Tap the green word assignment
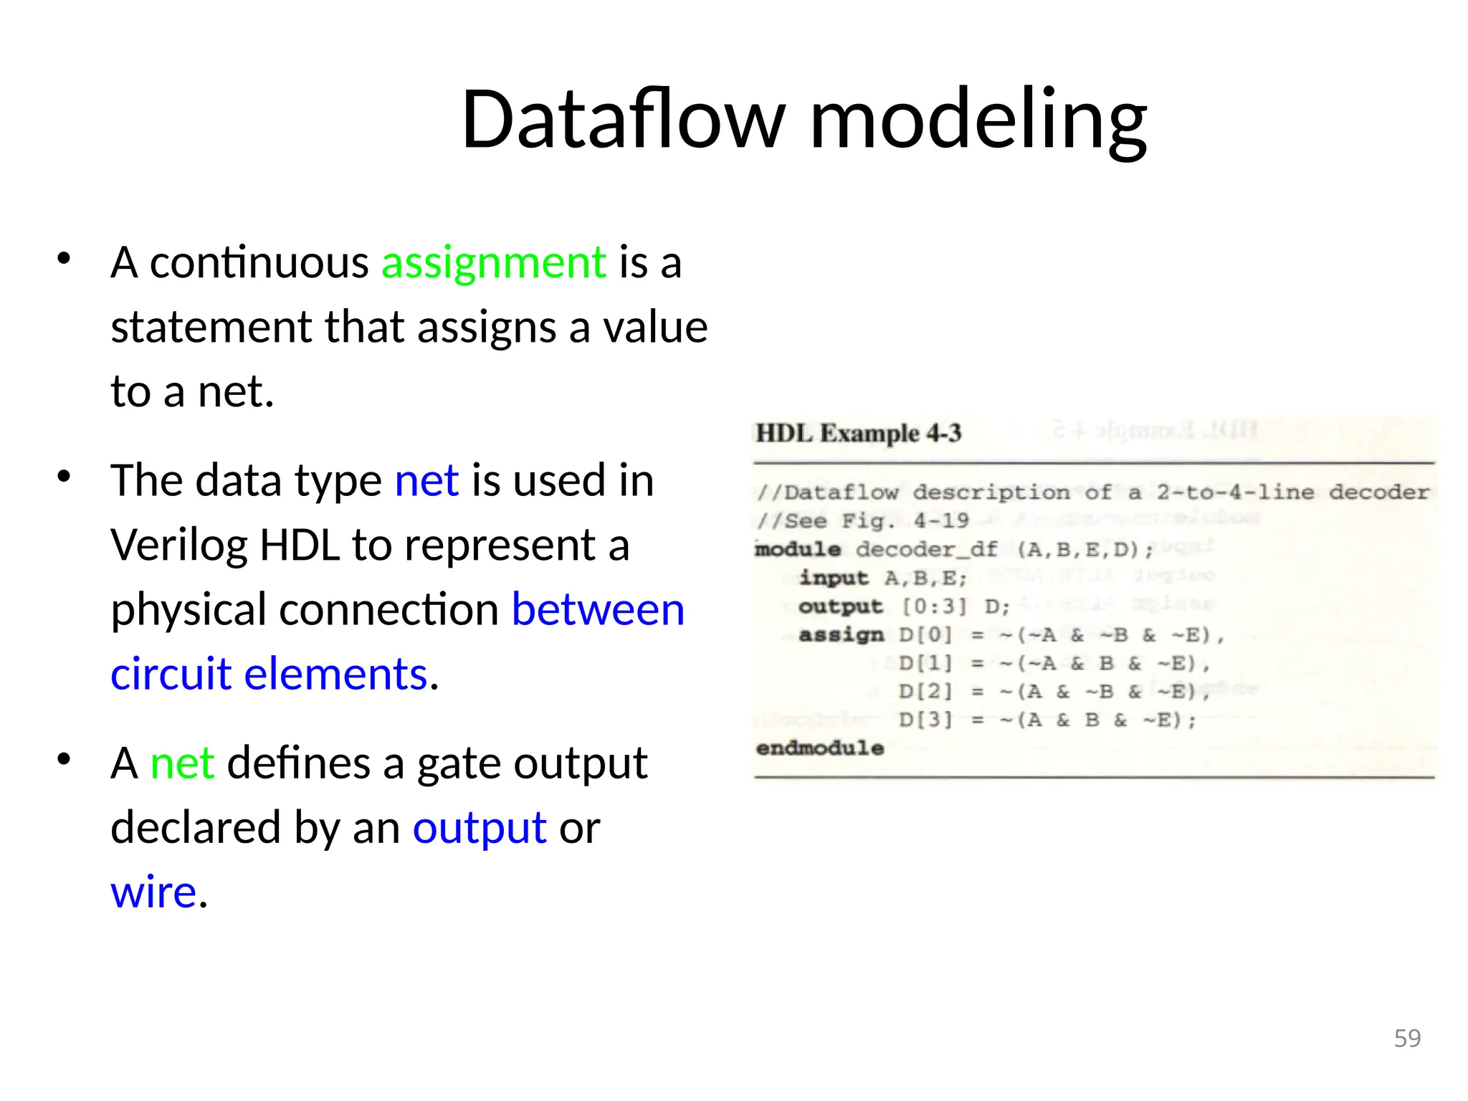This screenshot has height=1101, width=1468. click(x=494, y=262)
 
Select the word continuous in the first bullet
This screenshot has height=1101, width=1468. click(x=259, y=262)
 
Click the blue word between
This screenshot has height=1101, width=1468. click(x=598, y=610)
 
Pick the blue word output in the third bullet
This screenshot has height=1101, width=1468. click(x=480, y=828)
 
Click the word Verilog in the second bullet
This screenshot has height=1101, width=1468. click(x=178, y=545)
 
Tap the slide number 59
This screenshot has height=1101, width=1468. click(x=1407, y=1038)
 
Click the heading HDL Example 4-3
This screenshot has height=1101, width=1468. click(x=858, y=433)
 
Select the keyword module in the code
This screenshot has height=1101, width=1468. click(x=798, y=549)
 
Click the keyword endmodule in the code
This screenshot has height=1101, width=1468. click(x=820, y=748)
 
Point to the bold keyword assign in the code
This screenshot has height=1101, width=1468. click(x=841, y=635)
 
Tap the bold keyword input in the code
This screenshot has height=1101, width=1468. click(x=834, y=578)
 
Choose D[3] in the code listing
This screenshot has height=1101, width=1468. click(x=925, y=720)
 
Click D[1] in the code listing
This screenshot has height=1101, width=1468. click(x=925, y=663)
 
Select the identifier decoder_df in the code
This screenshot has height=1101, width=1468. click(x=927, y=549)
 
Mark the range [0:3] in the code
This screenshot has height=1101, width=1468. click(x=934, y=606)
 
